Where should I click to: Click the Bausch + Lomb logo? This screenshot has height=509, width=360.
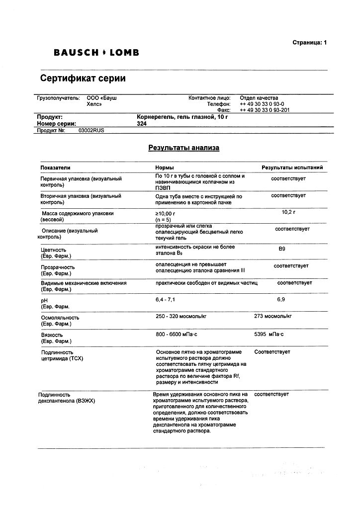point(96,52)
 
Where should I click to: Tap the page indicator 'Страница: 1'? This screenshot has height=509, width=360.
point(309,43)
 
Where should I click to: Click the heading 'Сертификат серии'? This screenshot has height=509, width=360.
point(83,79)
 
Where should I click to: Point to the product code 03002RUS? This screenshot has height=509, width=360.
point(91,130)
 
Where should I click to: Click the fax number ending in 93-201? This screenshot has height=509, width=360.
point(265,110)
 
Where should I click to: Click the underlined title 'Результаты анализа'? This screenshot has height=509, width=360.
point(183,148)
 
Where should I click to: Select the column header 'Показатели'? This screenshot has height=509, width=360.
point(56,168)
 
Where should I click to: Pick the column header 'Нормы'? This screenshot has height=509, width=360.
point(165,168)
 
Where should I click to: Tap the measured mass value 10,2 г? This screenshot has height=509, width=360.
point(288,212)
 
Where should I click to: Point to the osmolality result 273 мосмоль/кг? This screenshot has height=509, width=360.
point(272,316)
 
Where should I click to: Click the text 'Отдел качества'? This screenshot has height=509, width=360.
point(259,98)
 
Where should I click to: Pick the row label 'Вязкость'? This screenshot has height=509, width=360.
point(52,335)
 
